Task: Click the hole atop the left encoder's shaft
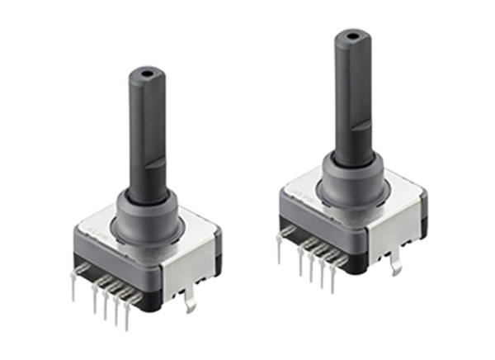click(x=146, y=73)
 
